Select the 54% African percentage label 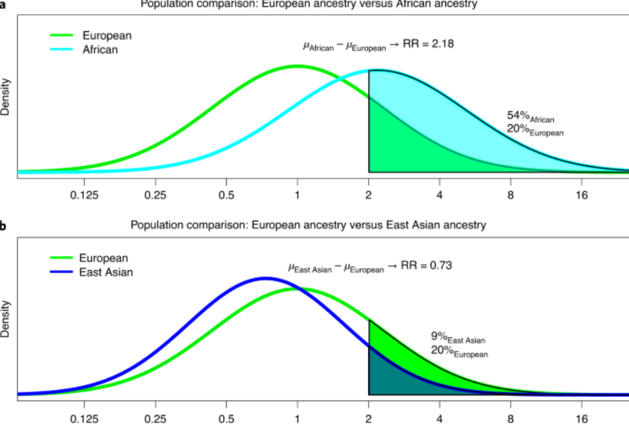point(530,117)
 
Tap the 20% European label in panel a point(535,131)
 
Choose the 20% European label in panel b point(459,351)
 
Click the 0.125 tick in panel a point(84,196)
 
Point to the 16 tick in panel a point(581,196)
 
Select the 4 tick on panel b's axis point(439,418)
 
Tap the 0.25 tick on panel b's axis point(155,418)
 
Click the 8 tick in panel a point(511,196)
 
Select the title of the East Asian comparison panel point(308,225)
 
